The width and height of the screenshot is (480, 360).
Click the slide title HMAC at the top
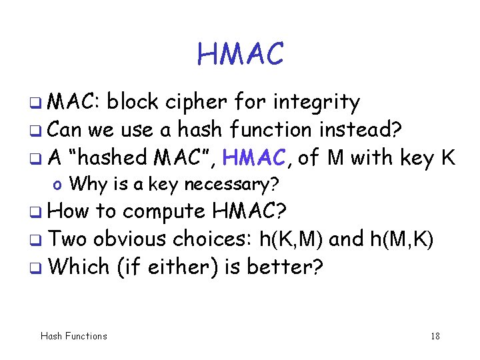pos(240,54)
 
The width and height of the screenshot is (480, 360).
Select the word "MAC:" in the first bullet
pos(75,102)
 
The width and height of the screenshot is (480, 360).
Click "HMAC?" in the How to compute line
pos(249,211)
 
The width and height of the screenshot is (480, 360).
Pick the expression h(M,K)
pos(401,239)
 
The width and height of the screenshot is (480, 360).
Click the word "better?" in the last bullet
pos(285,267)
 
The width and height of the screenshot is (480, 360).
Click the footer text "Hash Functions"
pos(73,336)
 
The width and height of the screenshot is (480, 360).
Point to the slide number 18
pos(435,336)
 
